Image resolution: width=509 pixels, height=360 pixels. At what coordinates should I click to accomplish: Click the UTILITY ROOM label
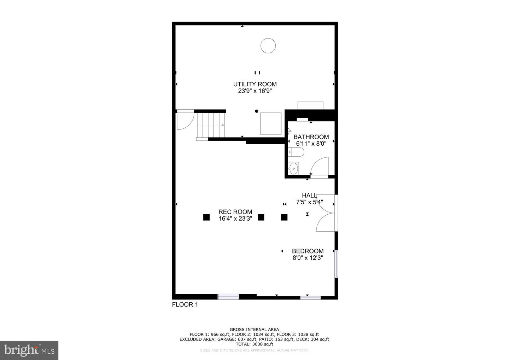click(255, 84)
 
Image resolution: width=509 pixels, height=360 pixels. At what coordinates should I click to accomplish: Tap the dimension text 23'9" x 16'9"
click(255, 91)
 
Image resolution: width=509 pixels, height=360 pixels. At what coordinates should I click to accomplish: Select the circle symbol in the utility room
click(268, 46)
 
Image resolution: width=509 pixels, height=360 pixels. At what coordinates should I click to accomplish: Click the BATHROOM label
click(311, 137)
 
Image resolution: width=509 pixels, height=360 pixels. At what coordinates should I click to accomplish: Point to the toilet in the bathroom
click(297, 152)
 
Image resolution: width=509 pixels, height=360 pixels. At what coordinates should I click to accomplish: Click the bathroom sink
click(293, 168)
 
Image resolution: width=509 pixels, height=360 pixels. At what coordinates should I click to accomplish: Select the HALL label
click(309, 196)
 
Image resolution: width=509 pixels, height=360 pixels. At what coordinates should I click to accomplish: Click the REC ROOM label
click(235, 212)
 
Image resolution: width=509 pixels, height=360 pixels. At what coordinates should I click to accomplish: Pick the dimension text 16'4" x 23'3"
click(235, 219)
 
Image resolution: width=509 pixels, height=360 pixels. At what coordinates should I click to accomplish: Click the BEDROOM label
click(308, 251)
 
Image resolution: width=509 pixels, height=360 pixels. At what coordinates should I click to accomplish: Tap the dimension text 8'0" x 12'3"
click(308, 258)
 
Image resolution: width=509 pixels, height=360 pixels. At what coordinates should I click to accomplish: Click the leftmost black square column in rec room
click(206, 217)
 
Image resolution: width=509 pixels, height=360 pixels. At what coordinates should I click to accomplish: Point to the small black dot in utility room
click(257, 111)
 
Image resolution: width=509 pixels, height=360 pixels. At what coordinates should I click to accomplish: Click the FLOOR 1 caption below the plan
click(185, 304)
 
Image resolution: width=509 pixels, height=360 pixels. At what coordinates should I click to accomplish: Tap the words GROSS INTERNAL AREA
click(254, 330)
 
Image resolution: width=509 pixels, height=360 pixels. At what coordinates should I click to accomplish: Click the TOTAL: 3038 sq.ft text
click(254, 344)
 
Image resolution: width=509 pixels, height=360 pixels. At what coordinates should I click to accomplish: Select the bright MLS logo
click(29, 350)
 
